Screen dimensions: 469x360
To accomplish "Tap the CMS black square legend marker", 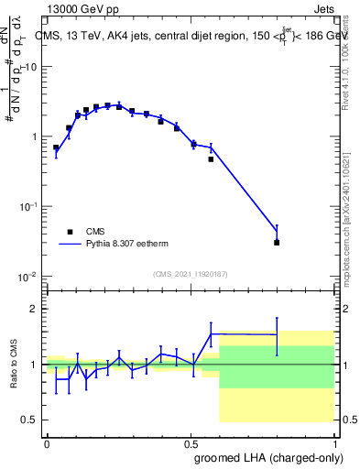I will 70,232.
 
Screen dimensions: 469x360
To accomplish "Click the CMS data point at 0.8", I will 277,243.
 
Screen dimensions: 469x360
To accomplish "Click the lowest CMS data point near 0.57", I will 211,159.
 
